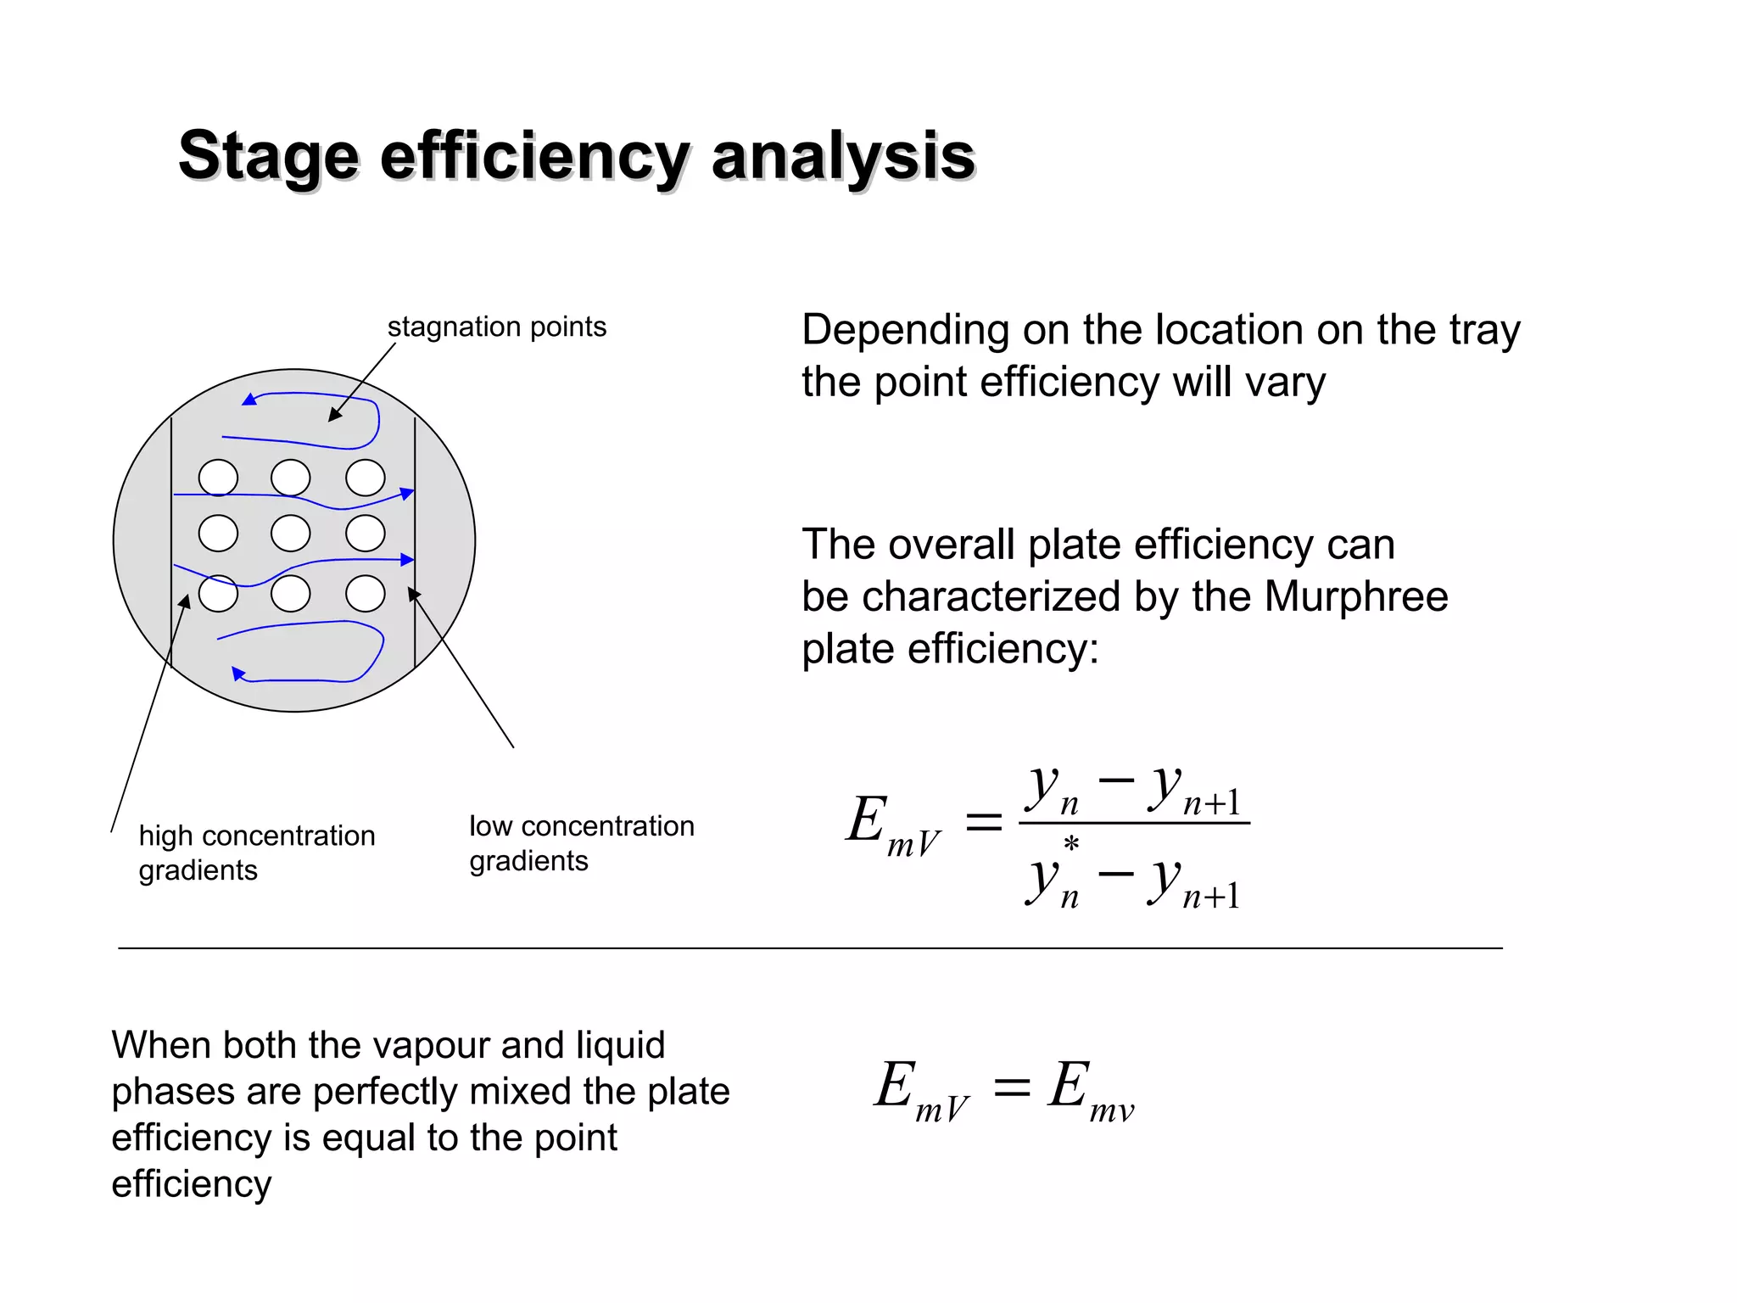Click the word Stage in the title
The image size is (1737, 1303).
click(268, 157)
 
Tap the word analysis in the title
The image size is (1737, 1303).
click(843, 157)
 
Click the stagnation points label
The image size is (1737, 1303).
click(497, 327)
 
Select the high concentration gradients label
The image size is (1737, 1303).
click(256, 853)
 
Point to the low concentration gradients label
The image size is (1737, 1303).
click(582, 843)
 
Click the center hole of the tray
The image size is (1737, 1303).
click(291, 534)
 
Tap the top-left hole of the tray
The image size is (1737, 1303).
click(218, 478)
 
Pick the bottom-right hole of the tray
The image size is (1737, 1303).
click(366, 594)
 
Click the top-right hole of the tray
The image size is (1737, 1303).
click(366, 478)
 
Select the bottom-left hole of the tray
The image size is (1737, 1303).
click(218, 594)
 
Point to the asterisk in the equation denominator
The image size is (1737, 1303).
click(1071, 844)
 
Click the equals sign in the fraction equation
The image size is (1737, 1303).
click(984, 821)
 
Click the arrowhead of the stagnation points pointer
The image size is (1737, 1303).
click(334, 416)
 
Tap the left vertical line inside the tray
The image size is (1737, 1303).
click(171, 543)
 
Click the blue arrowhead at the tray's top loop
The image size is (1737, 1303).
click(249, 400)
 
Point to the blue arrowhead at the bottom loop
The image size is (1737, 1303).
click(238, 674)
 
